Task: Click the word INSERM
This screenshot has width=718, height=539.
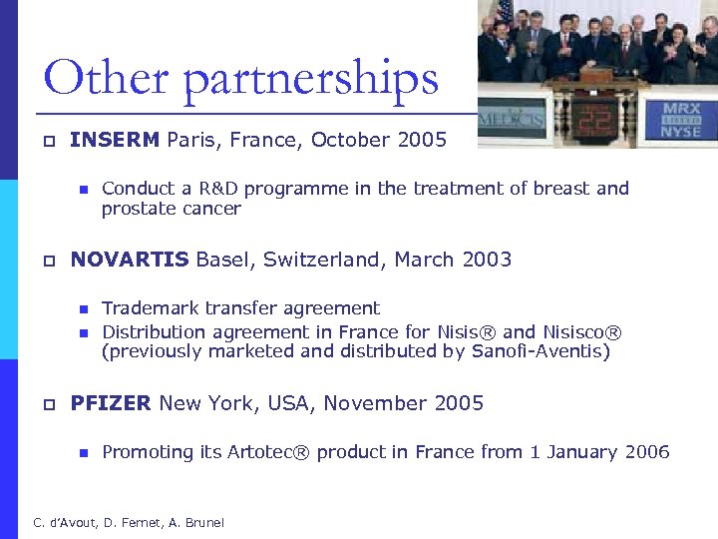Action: pyautogui.click(x=115, y=140)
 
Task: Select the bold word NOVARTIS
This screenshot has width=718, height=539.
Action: pyautogui.click(x=130, y=261)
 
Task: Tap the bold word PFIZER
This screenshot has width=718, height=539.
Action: pyautogui.click(x=111, y=403)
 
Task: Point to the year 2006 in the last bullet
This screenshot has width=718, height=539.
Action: pyautogui.click(x=647, y=452)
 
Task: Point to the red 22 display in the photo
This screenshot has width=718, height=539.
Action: pyautogui.click(x=597, y=121)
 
